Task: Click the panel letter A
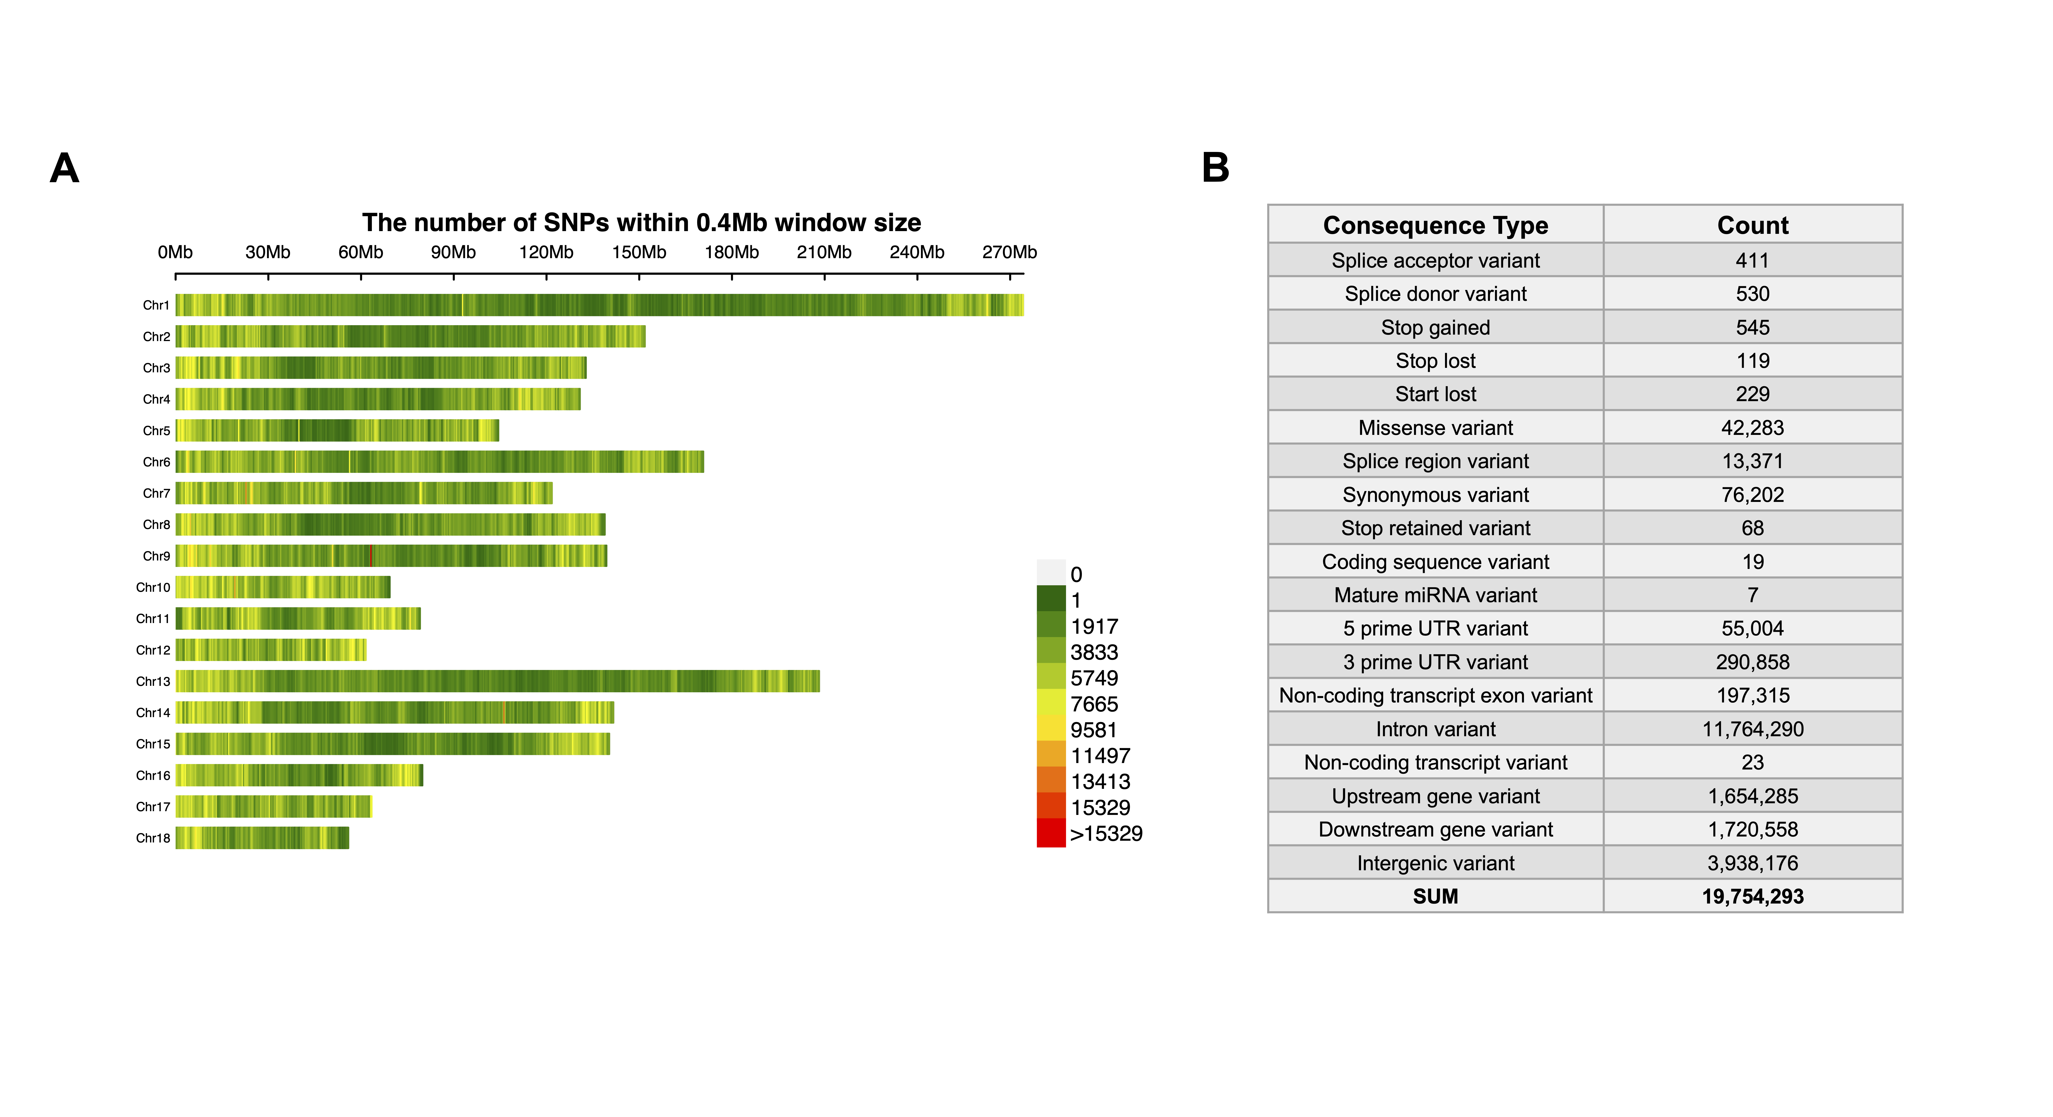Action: pyautogui.click(x=65, y=168)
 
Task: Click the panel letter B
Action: pyautogui.click(x=1215, y=168)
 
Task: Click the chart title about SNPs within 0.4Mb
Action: pyautogui.click(x=642, y=222)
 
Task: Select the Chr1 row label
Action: pyautogui.click(x=156, y=305)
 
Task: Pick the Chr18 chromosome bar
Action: pyautogui.click(x=262, y=838)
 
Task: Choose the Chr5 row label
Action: pyautogui.click(x=156, y=431)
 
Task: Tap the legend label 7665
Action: pyautogui.click(x=1094, y=704)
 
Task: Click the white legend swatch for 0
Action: pyautogui.click(x=1051, y=573)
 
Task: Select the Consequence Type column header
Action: pyautogui.click(x=1435, y=225)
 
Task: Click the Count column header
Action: pyautogui.click(x=1752, y=225)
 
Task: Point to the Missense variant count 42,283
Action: pyautogui.click(x=1752, y=428)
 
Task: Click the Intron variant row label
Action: pyautogui.click(x=1435, y=729)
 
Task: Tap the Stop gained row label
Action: pyautogui.click(x=1435, y=327)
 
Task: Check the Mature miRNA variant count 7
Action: pyautogui.click(x=1752, y=595)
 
